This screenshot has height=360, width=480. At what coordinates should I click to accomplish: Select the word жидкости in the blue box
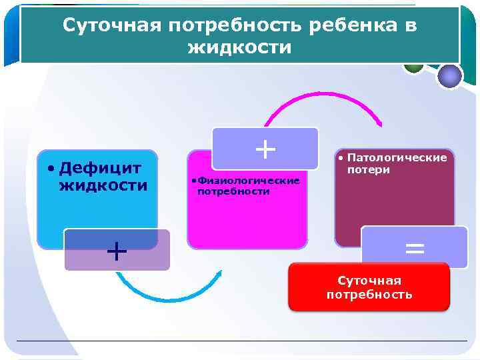(x=103, y=185)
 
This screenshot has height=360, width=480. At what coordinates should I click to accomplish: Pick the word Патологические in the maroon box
(x=397, y=158)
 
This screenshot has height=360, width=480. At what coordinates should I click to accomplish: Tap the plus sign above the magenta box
(x=265, y=149)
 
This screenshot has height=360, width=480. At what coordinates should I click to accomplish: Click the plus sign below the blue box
(x=117, y=251)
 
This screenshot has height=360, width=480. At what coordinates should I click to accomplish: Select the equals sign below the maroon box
(x=414, y=249)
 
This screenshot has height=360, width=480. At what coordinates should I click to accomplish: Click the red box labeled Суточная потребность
(x=369, y=287)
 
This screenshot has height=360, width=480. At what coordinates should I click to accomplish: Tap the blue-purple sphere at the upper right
(x=450, y=75)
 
